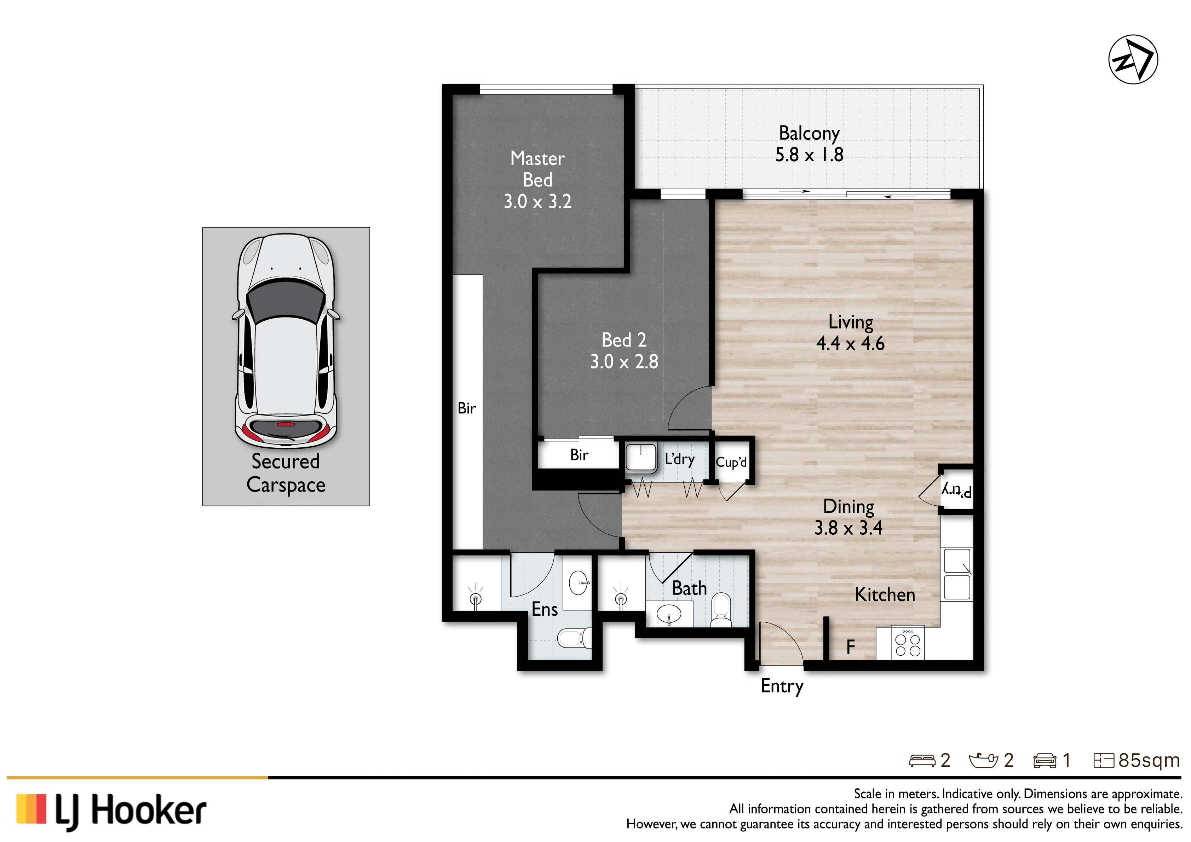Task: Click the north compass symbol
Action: pos(1133,59)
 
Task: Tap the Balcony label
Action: pos(809,133)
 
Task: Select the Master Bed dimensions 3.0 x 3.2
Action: pos(537,201)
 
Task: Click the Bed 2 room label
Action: pos(624,340)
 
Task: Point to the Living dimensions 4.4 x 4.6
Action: pos(850,343)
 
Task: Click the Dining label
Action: pos(848,506)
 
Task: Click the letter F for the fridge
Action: pos(851,646)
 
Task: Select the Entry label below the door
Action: pos(782,686)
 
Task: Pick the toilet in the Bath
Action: pos(721,610)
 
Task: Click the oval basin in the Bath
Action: pos(669,614)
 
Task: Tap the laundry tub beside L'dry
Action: pos(641,457)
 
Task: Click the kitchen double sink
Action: pos(957,574)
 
